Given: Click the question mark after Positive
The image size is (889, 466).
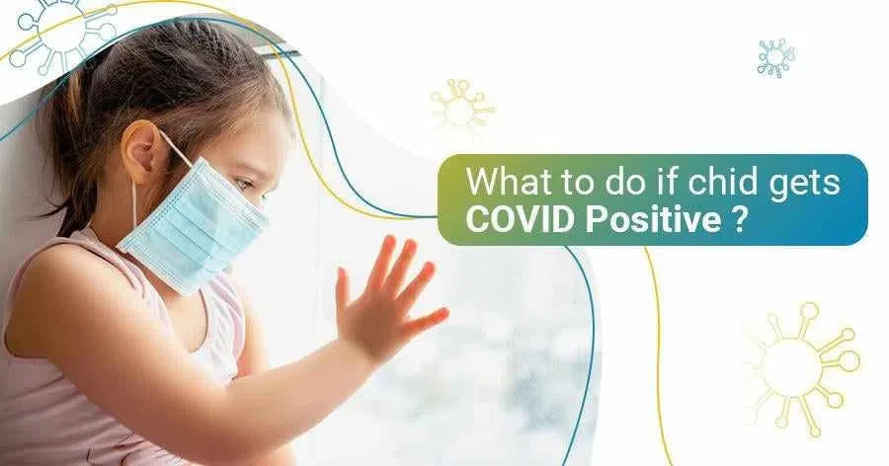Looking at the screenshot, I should (x=739, y=219).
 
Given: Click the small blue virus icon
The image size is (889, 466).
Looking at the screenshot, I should (x=775, y=58).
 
